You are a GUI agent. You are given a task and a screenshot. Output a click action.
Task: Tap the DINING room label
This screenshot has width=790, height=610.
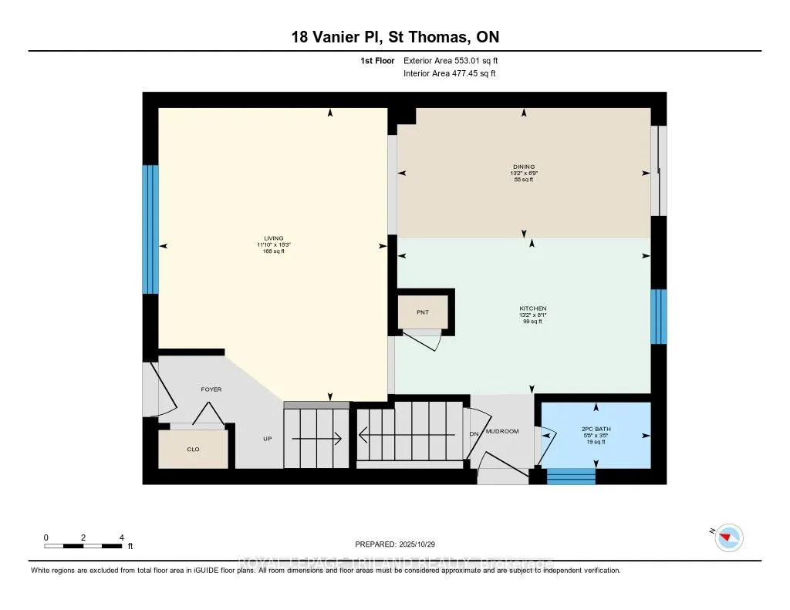click(524, 167)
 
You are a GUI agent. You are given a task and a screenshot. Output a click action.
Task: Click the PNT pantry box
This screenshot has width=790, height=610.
click(422, 312)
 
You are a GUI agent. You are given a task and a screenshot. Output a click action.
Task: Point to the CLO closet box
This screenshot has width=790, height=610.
click(193, 449)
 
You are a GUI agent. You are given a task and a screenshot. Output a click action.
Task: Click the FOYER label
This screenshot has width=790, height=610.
click(211, 389)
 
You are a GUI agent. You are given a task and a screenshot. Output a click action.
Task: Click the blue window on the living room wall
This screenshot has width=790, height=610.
click(150, 229)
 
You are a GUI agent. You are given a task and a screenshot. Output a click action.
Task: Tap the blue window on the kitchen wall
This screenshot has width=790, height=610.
click(658, 316)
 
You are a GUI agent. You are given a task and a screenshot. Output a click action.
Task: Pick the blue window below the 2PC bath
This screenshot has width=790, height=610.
click(571, 476)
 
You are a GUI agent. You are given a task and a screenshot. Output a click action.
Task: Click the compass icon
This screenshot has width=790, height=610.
click(728, 538)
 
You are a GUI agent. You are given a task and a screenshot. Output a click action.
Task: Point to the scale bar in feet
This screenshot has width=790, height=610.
click(83, 545)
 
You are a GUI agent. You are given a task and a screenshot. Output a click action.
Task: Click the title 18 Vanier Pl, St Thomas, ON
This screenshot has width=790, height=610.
click(394, 38)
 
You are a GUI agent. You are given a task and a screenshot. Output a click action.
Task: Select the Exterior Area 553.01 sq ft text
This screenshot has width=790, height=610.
click(454, 60)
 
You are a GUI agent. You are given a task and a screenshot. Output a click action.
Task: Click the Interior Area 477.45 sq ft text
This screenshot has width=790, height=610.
click(449, 74)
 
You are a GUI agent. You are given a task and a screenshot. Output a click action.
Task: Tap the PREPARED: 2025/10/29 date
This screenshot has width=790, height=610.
click(395, 544)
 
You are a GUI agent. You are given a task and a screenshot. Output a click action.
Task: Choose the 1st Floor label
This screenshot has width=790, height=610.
click(378, 60)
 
